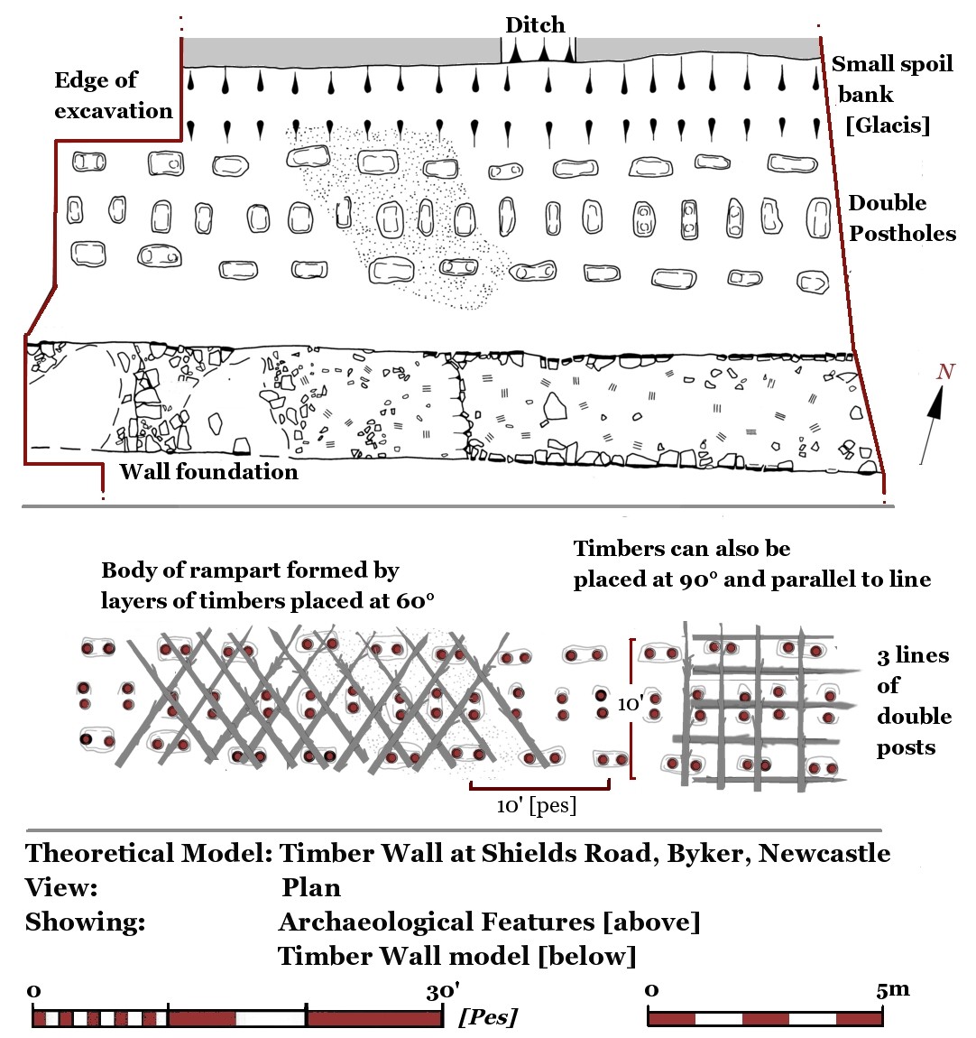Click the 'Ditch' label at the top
coord(535,25)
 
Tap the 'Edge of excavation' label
coord(112,95)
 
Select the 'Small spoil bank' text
coord(891,79)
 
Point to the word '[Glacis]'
coord(888,125)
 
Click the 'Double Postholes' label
coord(901,218)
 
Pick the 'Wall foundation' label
coord(208,471)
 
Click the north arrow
coord(934,420)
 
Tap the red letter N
coord(945,371)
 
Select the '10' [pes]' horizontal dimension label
coord(536,805)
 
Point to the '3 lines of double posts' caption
coord(913,701)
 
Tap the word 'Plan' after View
coord(311,887)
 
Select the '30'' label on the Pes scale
coord(443,992)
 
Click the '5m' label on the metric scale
coord(892,989)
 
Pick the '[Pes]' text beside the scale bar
coord(488,1017)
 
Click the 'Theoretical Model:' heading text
coord(148,853)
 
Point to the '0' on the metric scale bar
coord(652,990)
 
